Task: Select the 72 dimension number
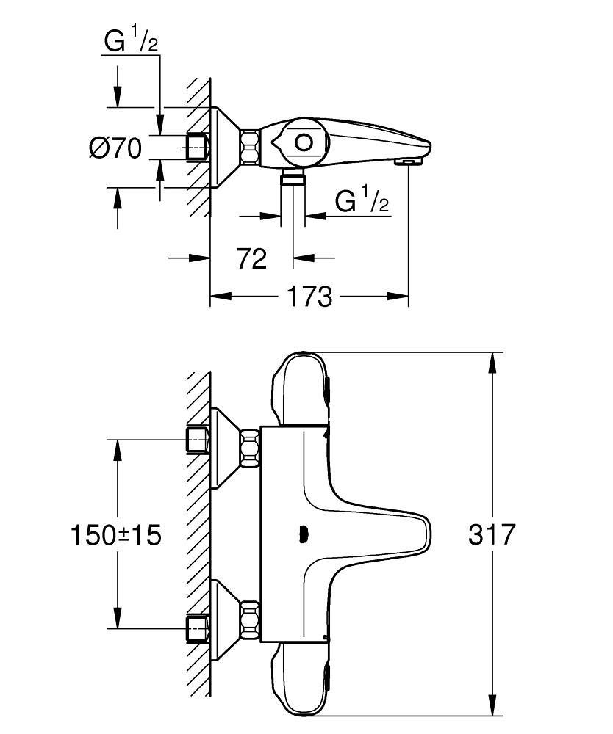251,258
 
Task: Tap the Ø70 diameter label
115,148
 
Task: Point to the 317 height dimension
492,534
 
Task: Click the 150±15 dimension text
115,534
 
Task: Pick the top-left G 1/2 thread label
132,42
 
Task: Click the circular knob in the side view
304,142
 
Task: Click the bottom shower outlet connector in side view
293,178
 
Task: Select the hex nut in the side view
251,147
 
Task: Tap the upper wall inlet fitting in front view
198,440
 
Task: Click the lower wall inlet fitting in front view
198,628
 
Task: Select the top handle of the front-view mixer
301,389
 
